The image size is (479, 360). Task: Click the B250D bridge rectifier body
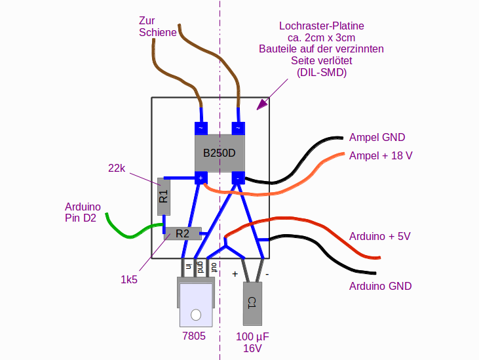(x=219, y=153)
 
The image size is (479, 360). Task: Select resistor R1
(x=164, y=196)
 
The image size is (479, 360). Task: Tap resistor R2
(x=182, y=233)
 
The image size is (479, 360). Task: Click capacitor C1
(x=252, y=303)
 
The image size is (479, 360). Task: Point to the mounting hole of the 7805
(x=195, y=314)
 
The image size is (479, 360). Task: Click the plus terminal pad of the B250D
(x=201, y=177)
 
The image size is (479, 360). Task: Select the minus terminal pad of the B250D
(x=238, y=177)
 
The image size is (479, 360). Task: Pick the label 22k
(x=117, y=168)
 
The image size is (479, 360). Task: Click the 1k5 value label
(x=129, y=279)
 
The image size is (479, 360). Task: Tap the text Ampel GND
(x=377, y=138)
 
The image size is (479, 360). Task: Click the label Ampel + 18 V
(x=381, y=155)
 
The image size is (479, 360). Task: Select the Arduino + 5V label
(x=380, y=236)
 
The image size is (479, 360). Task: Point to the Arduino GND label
(x=380, y=287)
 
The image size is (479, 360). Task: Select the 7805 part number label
(x=194, y=336)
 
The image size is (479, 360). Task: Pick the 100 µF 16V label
(x=252, y=342)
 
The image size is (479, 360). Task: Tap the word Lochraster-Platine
(x=321, y=26)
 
